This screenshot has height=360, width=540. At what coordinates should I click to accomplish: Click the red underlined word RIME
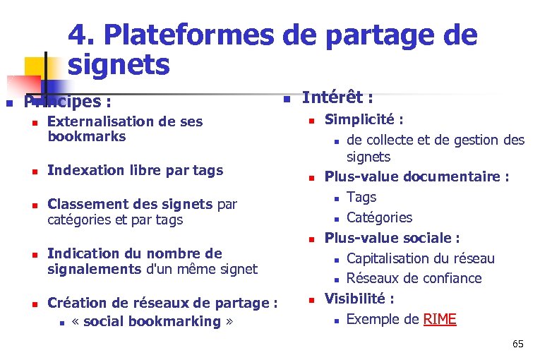pos(440,320)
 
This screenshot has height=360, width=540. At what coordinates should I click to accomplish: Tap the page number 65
pos(518,344)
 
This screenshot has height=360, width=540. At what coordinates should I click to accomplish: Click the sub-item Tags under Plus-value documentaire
pos(361,198)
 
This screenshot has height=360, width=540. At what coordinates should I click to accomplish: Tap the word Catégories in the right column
pos(379,217)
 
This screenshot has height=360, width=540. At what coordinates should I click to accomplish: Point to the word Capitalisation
pos(391,259)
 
